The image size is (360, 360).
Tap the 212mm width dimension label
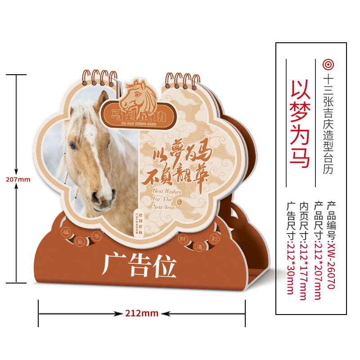(x=141, y=313)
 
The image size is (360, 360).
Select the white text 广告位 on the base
(x=139, y=265)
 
